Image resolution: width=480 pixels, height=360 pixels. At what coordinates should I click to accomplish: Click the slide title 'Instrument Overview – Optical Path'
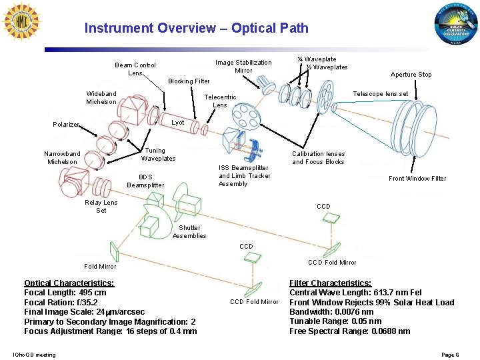(x=196, y=28)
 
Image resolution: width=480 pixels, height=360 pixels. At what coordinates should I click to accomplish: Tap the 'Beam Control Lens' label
(x=135, y=69)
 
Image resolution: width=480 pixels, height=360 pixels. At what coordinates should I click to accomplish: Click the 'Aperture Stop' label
(x=411, y=75)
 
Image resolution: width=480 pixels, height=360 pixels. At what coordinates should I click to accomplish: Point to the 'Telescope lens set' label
(x=380, y=94)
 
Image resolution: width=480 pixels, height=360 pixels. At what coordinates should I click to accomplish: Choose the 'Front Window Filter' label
(x=417, y=178)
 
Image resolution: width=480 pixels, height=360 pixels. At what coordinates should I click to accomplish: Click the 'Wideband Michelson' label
(x=101, y=97)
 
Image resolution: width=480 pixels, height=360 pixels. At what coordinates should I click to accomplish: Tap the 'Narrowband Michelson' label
(x=62, y=157)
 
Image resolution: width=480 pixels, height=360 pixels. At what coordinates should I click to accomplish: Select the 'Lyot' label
(x=177, y=123)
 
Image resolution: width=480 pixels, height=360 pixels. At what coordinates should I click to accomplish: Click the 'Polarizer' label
(x=66, y=125)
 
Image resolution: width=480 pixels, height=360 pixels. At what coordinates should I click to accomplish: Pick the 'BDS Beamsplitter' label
(x=145, y=181)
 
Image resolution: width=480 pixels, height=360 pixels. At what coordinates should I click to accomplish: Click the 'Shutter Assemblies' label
(x=189, y=231)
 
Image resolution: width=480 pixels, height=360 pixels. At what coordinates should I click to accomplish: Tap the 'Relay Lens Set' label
(x=101, y=206)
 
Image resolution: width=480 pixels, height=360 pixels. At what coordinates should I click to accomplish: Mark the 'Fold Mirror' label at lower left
(x=100, y=267)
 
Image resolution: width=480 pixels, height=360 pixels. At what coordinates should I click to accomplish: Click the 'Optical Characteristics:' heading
(x=69, y=283)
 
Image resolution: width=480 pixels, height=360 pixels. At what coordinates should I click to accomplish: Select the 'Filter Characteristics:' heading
(x=330, y=283)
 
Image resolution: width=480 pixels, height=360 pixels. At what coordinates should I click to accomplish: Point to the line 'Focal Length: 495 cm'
(x=65, y=293)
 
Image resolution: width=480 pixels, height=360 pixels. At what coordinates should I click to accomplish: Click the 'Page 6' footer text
(x=450, y=355)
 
